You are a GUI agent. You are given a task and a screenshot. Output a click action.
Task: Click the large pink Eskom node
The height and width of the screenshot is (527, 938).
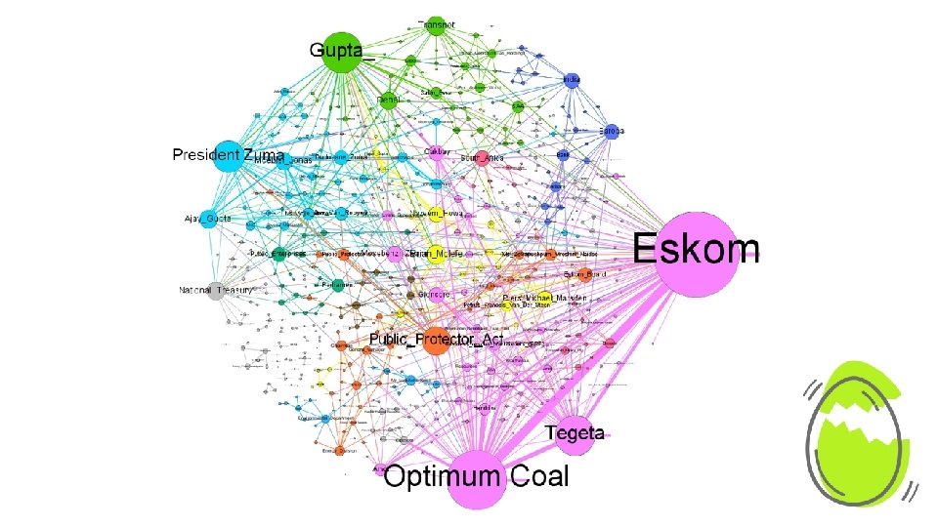(x=695, y=253)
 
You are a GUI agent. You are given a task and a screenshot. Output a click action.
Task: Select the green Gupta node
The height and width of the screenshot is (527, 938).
(x=349, y=51)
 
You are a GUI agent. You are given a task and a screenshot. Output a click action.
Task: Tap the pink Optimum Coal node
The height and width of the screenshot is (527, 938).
(x=477, y=478)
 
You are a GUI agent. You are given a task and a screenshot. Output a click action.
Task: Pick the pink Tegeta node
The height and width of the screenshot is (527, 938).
(x=575, y=433)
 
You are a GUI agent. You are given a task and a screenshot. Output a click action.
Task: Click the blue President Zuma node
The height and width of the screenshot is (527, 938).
(x=228, y=156)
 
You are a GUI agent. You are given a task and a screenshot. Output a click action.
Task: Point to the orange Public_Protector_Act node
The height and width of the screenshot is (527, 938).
(x=436, y=340)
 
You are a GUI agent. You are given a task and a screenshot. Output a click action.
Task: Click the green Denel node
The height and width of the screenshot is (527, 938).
(x=388, y=100)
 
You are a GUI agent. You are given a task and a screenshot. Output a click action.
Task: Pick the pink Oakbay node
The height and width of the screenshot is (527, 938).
(x=434, y=153)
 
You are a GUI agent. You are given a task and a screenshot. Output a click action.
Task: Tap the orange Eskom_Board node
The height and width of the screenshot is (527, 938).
(x=583, y=275)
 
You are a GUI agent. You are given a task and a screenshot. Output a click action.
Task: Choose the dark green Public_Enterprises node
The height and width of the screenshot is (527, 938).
(x=281, y=253)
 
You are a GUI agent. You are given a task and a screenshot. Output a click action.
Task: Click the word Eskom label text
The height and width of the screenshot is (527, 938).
(x=695, y=250)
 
